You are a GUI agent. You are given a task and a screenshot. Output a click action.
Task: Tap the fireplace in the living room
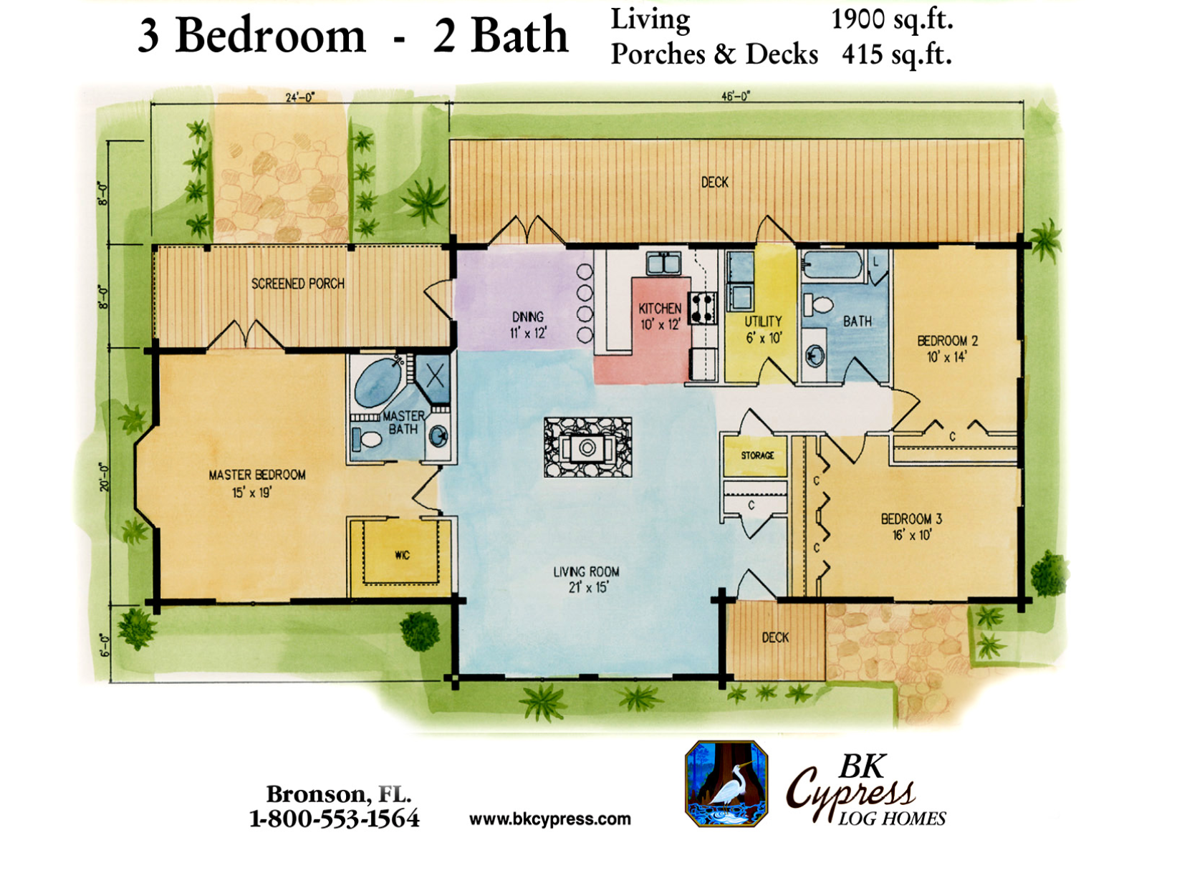point(587,447)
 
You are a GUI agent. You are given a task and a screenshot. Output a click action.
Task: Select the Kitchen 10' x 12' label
point(660,316)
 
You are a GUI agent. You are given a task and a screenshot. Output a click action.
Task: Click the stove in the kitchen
point(702,308)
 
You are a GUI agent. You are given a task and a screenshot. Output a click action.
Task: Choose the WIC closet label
point(402,555)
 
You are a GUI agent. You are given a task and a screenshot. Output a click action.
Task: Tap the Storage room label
point(757,455)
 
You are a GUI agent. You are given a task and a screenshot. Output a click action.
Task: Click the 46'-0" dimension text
point(736,97)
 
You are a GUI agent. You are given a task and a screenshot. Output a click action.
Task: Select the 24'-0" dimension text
point(300,97)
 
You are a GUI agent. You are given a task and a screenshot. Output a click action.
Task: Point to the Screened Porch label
point(297,284)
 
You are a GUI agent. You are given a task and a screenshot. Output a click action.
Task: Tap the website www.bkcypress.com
point(549,818)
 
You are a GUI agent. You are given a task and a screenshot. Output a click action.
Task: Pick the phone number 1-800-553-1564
point(334,818)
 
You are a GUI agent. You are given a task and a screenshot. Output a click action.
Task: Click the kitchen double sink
point(663,264)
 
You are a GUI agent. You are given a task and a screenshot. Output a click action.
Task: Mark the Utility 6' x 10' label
point(763,329)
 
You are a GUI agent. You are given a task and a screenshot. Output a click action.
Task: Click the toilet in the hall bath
point(819,305)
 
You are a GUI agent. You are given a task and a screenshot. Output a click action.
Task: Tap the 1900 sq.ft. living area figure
point(892,20)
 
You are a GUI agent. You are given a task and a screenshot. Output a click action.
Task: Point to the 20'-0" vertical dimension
point(104,477)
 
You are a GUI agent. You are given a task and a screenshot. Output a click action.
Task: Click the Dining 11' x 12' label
point(527,324)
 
